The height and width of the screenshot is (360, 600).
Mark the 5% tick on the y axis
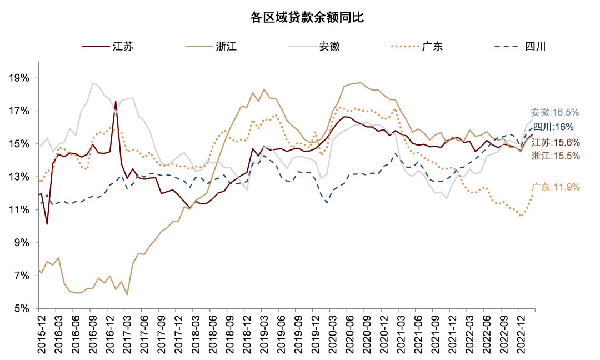click(22, 309)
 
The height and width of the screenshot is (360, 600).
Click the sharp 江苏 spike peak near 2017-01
click(116, 101)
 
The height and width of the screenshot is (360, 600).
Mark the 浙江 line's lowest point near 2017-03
click(127, 294)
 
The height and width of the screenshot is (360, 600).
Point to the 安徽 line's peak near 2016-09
click(93, 83)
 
